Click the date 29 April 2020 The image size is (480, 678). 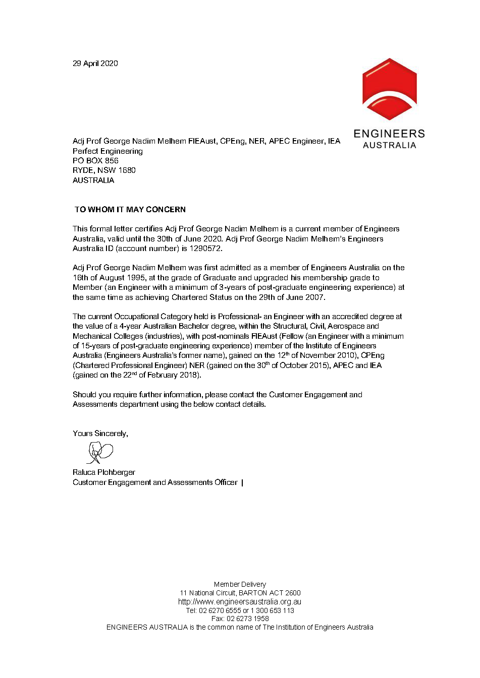point(95,64)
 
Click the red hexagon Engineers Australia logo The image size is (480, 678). point(389,89)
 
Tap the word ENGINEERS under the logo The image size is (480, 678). point(389,134)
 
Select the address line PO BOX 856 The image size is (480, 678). point(95,161)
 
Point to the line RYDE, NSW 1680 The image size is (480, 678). point(104,170)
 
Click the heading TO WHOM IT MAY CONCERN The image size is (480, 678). point(130,210)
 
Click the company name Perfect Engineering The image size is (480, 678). point(108,151)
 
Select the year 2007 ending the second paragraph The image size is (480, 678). point(314,297)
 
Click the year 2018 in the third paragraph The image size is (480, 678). point(189,375)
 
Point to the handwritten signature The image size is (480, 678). point(100,452)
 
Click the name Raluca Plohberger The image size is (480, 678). point(104,472)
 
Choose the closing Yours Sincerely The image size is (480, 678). point(100,434)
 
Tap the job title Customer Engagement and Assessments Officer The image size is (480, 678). point(155,482)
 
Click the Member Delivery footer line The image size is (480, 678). point(240,584)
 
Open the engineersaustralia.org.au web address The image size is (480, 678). point(240,601)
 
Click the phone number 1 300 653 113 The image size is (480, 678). point(272,610)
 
